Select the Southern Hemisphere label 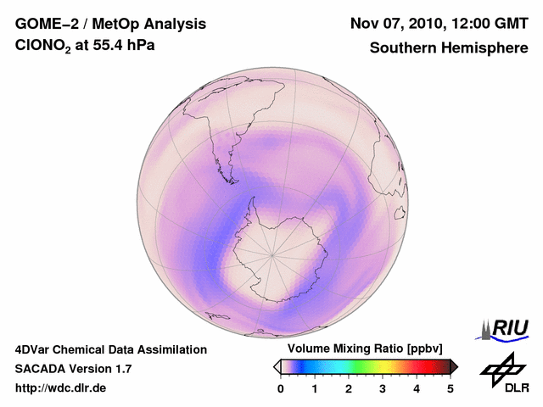(449, 48)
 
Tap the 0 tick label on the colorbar (281, 388)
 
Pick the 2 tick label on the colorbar (349, 388)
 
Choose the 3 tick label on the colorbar (383, 388)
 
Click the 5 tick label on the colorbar (451, 388)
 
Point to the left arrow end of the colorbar (277, 366)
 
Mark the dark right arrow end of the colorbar (454, 366)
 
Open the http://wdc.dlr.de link (61, 388)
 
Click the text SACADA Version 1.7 (73, 369)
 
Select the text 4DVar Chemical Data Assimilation (110, 349)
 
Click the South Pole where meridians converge (272, 254)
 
